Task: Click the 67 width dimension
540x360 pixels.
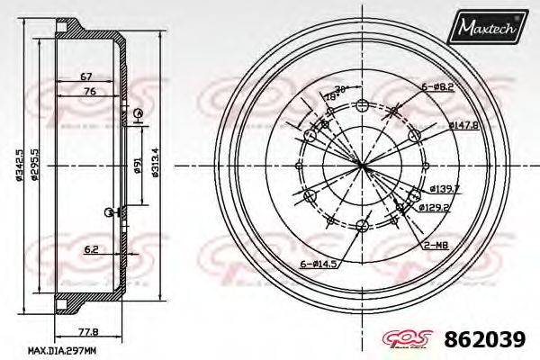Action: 87,76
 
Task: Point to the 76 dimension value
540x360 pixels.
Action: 89,92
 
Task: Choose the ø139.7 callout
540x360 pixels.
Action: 445,188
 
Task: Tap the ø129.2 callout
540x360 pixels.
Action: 434,206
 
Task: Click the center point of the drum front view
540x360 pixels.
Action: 362,164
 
